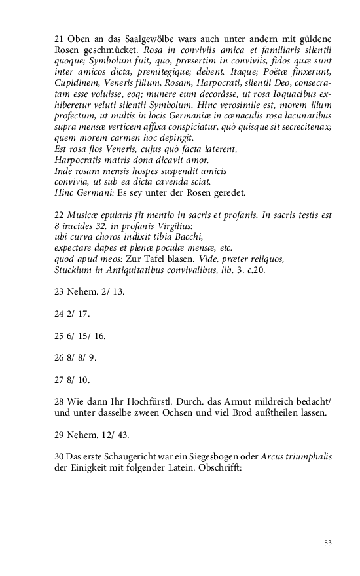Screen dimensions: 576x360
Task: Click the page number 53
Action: (x=328, y=542)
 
